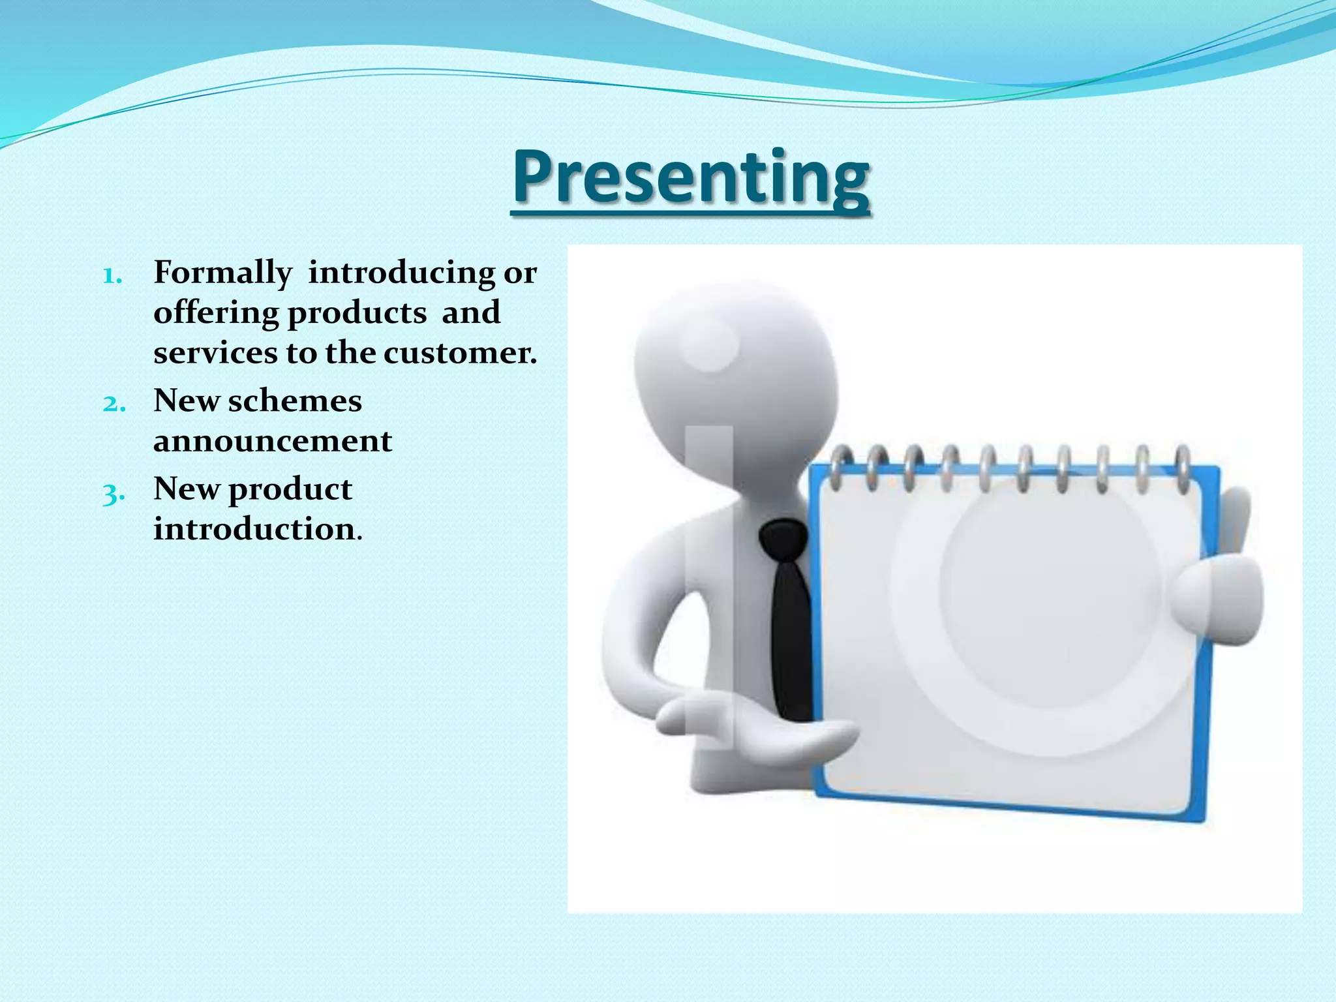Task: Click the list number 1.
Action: click(112, 275)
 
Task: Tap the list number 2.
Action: click(114, 403)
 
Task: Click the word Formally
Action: click(222, 273)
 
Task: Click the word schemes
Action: click(294, 401)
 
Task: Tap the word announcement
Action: click(273, 442)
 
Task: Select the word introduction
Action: click(254, 529)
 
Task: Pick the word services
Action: click(215, 354)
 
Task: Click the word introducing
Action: click(401, 273)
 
